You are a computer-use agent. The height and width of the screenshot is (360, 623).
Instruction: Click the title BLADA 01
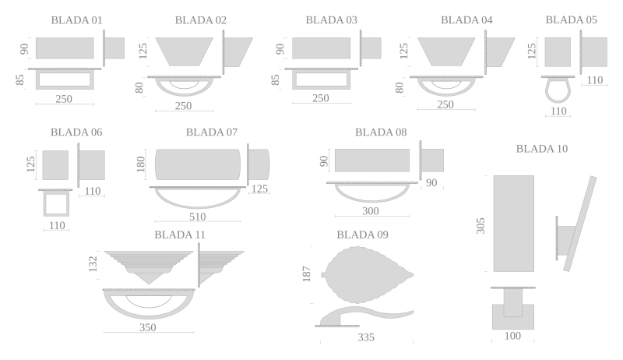(76, 20)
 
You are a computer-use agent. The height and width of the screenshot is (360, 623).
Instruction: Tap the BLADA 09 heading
(362, 235)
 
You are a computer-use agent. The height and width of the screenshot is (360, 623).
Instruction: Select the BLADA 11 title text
(180, 235)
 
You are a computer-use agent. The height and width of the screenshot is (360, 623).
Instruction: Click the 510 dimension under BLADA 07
(198, 217)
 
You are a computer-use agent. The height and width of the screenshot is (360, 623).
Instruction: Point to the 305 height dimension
(480, 226)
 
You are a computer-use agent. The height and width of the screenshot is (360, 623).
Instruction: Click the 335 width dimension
(366, 337)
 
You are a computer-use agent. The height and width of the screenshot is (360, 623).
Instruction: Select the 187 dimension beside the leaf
(306, 274)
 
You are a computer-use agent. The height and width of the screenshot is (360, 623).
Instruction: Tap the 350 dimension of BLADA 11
(147, 327)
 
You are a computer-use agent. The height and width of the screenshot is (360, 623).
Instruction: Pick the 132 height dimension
(93, 264)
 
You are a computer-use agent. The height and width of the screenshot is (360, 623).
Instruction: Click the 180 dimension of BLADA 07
(141, 164)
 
